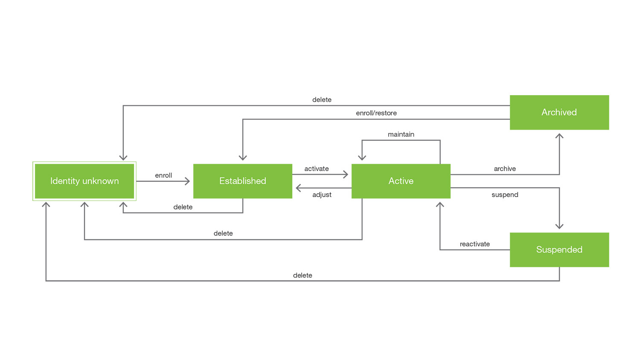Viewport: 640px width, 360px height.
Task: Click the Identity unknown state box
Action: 84,181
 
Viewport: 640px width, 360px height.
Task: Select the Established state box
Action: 242,181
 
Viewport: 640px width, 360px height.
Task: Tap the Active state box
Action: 401,181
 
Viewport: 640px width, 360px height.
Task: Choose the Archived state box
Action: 559,112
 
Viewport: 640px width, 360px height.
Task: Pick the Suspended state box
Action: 559,250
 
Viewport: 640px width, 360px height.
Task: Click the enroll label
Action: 163,175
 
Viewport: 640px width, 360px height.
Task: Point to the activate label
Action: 316,168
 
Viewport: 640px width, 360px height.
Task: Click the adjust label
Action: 322,195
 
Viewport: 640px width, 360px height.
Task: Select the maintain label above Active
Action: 401,134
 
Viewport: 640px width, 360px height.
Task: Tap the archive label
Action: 505,168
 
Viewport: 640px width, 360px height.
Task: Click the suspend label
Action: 505,195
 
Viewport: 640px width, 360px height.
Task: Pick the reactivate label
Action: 474,244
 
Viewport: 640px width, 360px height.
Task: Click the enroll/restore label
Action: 376,113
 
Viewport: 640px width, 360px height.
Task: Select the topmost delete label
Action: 322,99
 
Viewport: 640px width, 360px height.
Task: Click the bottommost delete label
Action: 303,275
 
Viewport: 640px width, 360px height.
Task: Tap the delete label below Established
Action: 183,207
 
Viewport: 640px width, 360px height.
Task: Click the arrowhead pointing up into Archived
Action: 559,136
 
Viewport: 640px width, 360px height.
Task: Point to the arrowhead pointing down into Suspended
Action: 559,226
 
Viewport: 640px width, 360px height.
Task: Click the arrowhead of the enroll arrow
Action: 187,181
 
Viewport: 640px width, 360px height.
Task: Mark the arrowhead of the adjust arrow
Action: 299,188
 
